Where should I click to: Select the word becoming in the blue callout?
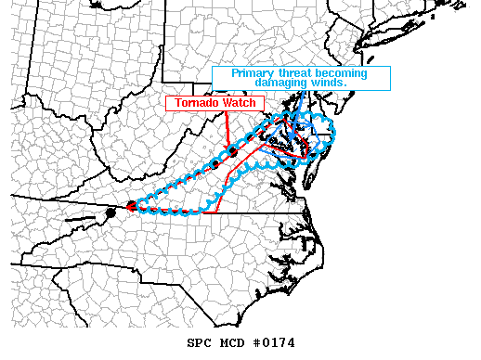click(x=342, y=73)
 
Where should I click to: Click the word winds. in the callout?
click(x=327, y=83)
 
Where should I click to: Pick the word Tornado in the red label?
click(x=192, y=103)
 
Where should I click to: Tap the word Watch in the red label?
click(x=231, y=103)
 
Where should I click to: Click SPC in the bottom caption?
click(x=200, y=342)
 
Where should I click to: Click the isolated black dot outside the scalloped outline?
click(x=110, y=213)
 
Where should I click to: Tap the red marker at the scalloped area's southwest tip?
click(x=131, y=206)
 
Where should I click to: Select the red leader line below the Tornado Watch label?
click(x=224, y=128)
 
